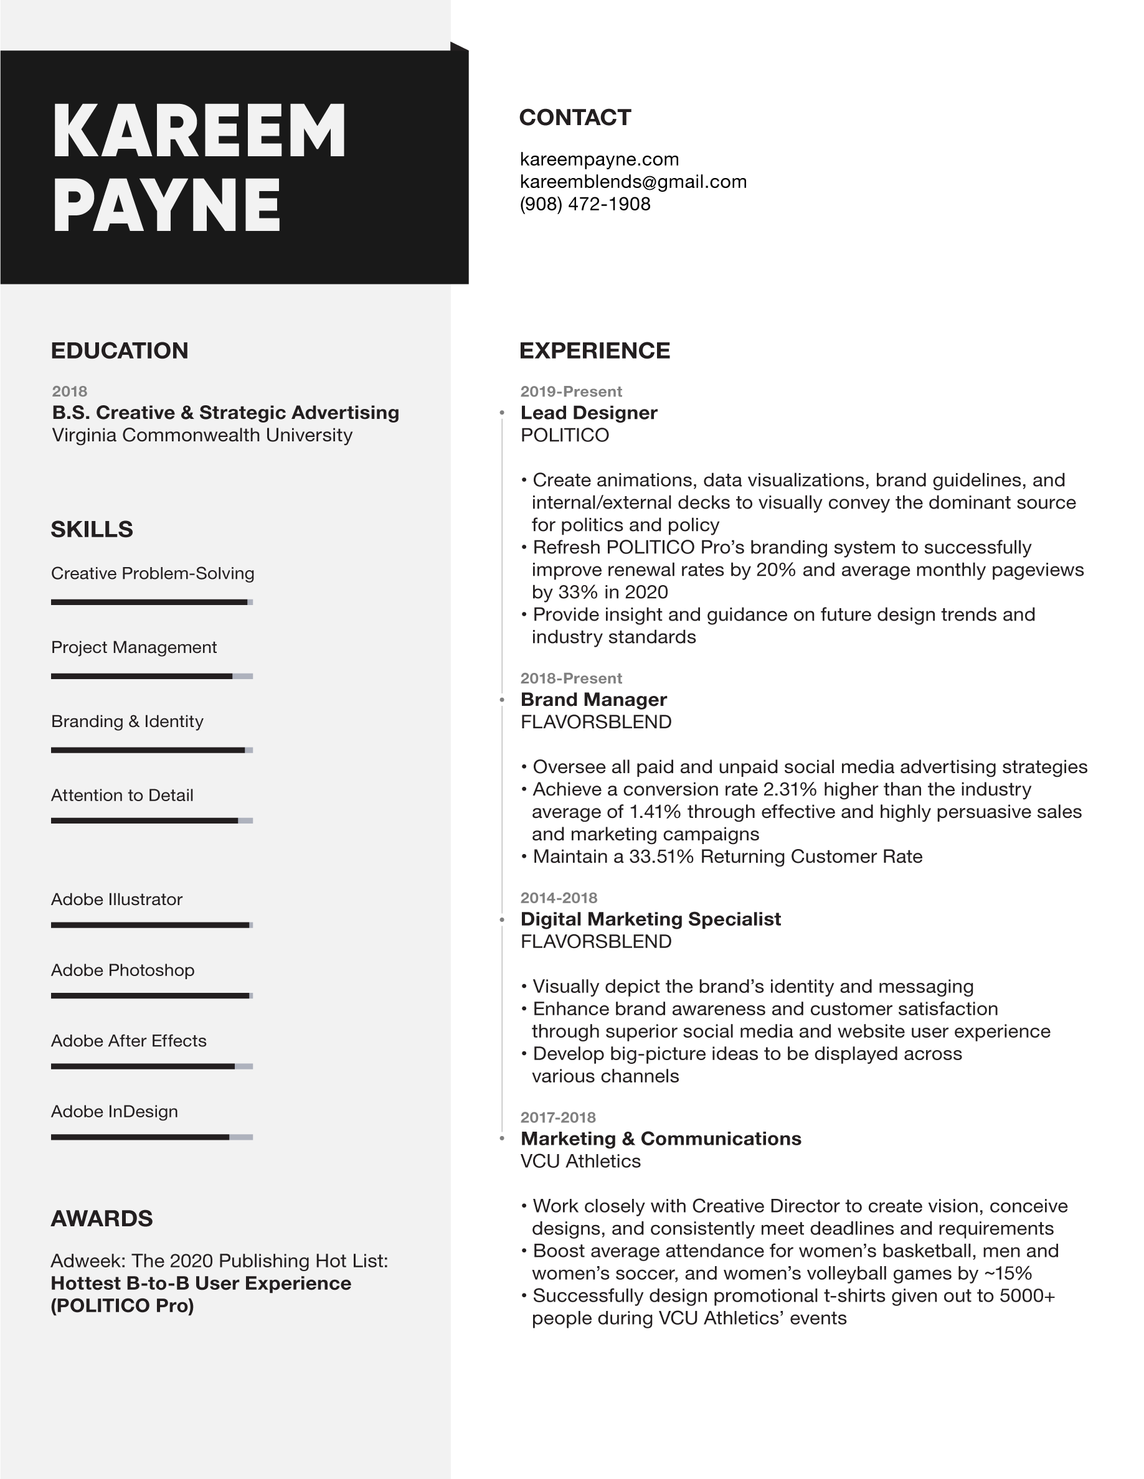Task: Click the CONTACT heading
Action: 574,118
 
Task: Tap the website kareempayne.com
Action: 598,159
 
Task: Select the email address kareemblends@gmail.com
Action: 633,182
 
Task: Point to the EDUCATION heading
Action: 119,351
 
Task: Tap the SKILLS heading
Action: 92,530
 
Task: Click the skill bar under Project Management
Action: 152,676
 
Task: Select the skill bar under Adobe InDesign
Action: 152,1137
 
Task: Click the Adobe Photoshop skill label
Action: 123,970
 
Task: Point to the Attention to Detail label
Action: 122,795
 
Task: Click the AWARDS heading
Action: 102,1218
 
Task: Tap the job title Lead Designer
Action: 589,413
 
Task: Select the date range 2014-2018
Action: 558,898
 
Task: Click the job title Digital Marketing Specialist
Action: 650,919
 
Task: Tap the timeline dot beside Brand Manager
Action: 502,700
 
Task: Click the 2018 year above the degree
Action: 69,392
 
